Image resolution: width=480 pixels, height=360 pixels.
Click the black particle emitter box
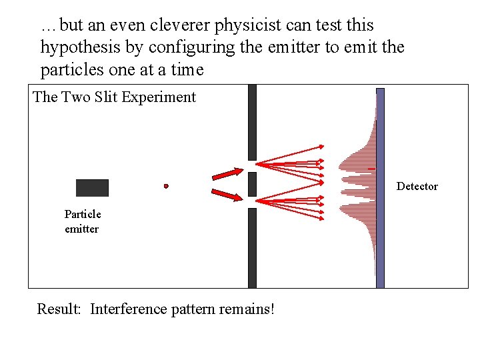(x=92, y=188)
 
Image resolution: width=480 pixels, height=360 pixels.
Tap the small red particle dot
(x=166, y=186)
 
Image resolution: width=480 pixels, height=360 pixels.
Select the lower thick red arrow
(x=228, y=195)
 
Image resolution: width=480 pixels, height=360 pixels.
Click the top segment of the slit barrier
(x=252, y=122)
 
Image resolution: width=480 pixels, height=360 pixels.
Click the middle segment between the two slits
(x=252, y=184)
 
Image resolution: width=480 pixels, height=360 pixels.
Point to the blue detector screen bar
(x=380, y=188)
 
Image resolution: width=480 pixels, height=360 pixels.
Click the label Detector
(x=417, y=186)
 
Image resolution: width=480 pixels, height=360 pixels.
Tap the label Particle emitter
(x=83, y=221)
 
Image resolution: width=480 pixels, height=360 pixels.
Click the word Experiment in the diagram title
(x=163, y=97)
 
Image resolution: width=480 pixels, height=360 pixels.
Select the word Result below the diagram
(x=60, y=309)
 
